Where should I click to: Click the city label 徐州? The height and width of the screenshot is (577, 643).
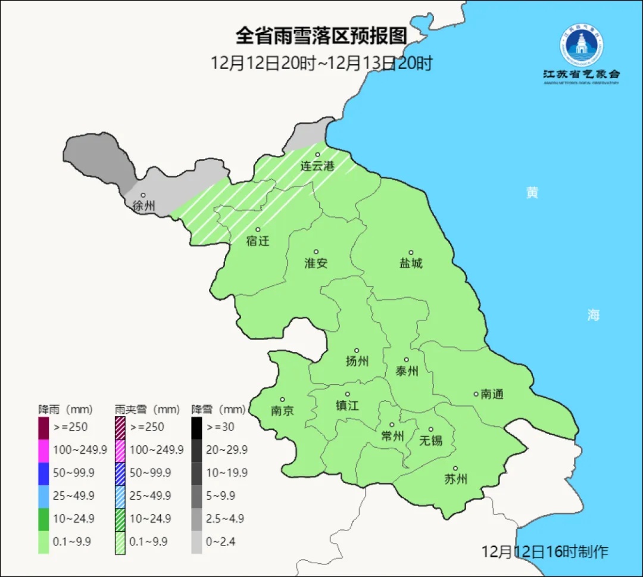pos(143,207)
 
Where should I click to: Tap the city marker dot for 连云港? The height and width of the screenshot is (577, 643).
pos(318,155)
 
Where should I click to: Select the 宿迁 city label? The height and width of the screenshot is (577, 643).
pos(258,241)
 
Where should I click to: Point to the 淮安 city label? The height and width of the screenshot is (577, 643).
pos(316,263)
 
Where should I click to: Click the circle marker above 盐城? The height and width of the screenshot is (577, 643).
pos(411,252)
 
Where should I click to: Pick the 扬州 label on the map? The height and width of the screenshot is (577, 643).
pos(357,361)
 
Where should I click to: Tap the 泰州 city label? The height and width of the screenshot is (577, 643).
pos(407,371)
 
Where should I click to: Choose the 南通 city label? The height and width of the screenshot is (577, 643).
pos(492,394)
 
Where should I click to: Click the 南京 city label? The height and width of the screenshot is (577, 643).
pos(282,411)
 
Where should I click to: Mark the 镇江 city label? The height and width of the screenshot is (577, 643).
pos(348,406)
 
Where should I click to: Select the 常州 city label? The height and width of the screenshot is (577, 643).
pos(392,436)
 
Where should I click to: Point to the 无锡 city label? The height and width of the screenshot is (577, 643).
pos(431,441)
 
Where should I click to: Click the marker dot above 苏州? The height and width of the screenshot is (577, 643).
pos(455,469)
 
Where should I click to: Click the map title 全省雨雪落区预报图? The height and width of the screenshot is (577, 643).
pos(321,36)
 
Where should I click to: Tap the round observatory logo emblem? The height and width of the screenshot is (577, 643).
pos(581,45)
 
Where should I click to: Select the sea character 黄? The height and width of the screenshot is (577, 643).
pos(532,192)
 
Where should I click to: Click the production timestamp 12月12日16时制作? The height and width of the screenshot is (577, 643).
pos(545,551)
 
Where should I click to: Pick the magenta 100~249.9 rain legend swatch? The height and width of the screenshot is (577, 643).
pos(43,450)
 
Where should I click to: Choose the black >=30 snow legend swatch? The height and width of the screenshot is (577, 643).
pos(196,427)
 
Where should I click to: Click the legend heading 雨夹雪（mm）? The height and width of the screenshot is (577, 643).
pos(147,410)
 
